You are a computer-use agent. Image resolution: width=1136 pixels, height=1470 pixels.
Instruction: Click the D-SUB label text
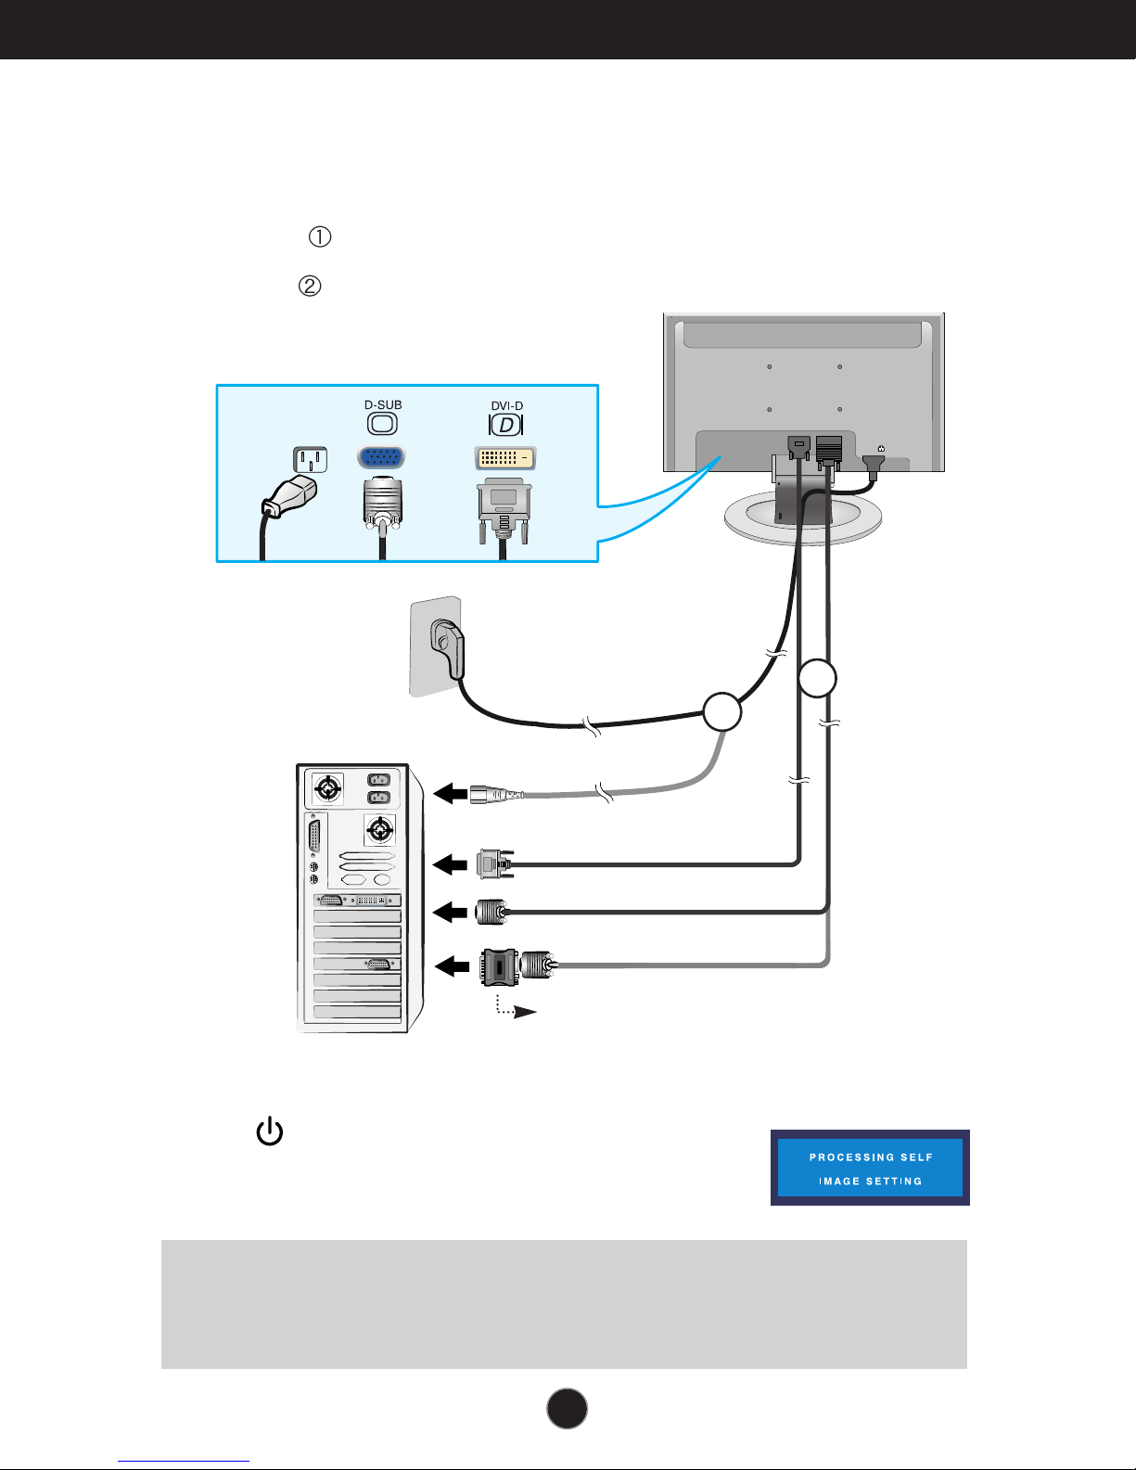click(x=383, y=405)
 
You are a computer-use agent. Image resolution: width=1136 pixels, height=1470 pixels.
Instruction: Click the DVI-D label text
click(x=506, y=406)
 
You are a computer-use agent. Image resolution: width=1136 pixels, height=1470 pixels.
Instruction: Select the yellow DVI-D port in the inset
click(x=504, y=458)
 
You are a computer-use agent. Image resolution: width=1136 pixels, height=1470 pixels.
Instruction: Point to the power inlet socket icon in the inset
click(x=311, y=460)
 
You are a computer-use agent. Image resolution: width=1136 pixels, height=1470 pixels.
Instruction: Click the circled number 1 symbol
click(x=319, y=237)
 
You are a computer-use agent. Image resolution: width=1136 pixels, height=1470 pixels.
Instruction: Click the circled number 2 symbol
click(x=309, y=286)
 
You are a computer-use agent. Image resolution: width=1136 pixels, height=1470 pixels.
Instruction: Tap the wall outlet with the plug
click(x=438, y=646)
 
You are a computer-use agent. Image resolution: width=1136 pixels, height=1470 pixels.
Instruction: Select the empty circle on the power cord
click(x=722, y=711)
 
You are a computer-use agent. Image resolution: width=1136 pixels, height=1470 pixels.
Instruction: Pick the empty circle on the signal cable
click(x=817, y=678)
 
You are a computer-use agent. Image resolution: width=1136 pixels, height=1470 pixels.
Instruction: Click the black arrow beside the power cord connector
click(x=450, y=794)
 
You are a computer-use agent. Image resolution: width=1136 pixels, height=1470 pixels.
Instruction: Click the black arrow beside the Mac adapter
click(x=453, y=966)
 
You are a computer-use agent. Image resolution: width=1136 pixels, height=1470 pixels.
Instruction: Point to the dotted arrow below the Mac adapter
click(x=515, y=1009)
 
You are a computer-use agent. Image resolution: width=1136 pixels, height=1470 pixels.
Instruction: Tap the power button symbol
click(x=269, y=1132)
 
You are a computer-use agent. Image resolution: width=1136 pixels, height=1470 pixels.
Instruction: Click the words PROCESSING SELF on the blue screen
click(x=871, y=1157)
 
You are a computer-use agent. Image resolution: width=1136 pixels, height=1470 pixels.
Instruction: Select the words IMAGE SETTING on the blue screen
click(x=870, y=1182)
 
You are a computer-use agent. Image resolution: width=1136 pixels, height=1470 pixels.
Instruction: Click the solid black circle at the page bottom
click(x=567, y=1408)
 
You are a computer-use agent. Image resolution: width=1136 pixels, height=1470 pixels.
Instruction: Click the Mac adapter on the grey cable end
click(x=499, y=966)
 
